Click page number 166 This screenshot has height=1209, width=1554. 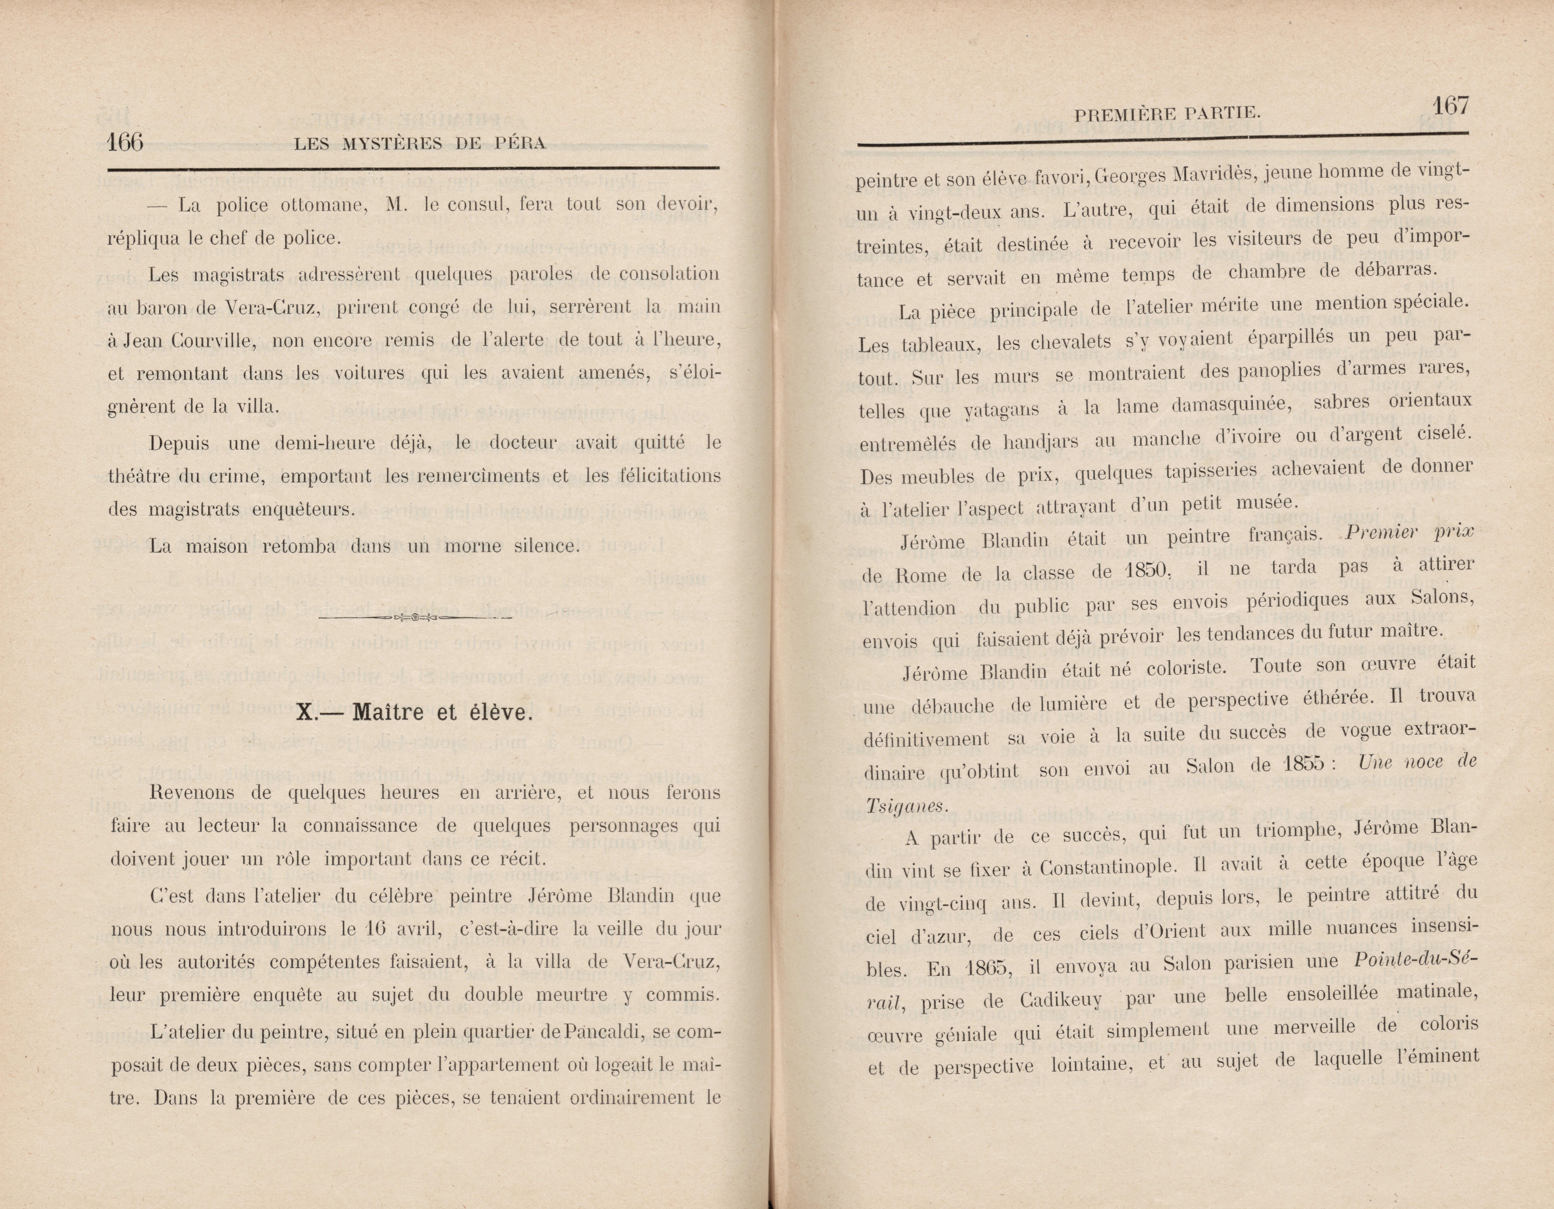click(x=125, y=142)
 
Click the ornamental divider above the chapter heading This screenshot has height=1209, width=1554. click(x=416, y=618)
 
